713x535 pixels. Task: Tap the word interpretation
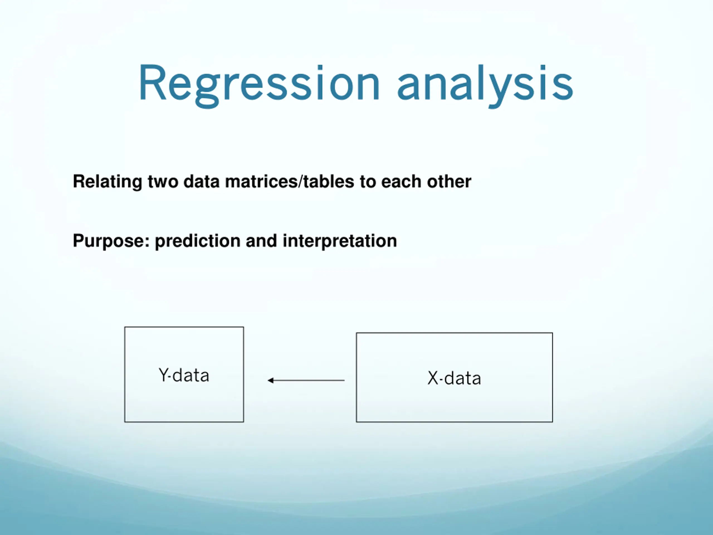[340, 241]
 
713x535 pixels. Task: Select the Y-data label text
[184, 375]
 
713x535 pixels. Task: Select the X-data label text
[454, 378]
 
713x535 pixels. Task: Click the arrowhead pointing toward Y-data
[271, 381]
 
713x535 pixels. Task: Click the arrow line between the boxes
[306, 381]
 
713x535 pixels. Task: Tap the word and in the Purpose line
[261, 241]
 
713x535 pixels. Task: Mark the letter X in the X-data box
[433, 378]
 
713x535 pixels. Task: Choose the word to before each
[368, 182]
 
